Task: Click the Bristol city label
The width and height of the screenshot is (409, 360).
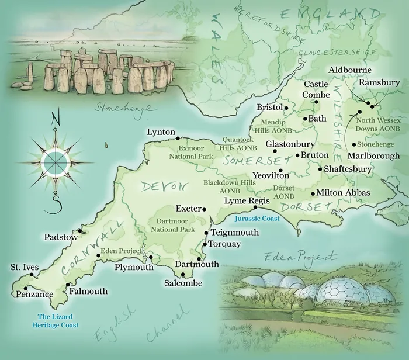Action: (x=269, y=108)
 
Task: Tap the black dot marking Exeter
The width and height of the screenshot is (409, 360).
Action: (x=204, y=209)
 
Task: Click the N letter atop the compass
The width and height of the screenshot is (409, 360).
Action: (x=56, y=119)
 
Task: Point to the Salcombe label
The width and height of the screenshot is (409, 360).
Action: (x=183, y=283)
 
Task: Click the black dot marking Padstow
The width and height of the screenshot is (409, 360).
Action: (x=80, y=231)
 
